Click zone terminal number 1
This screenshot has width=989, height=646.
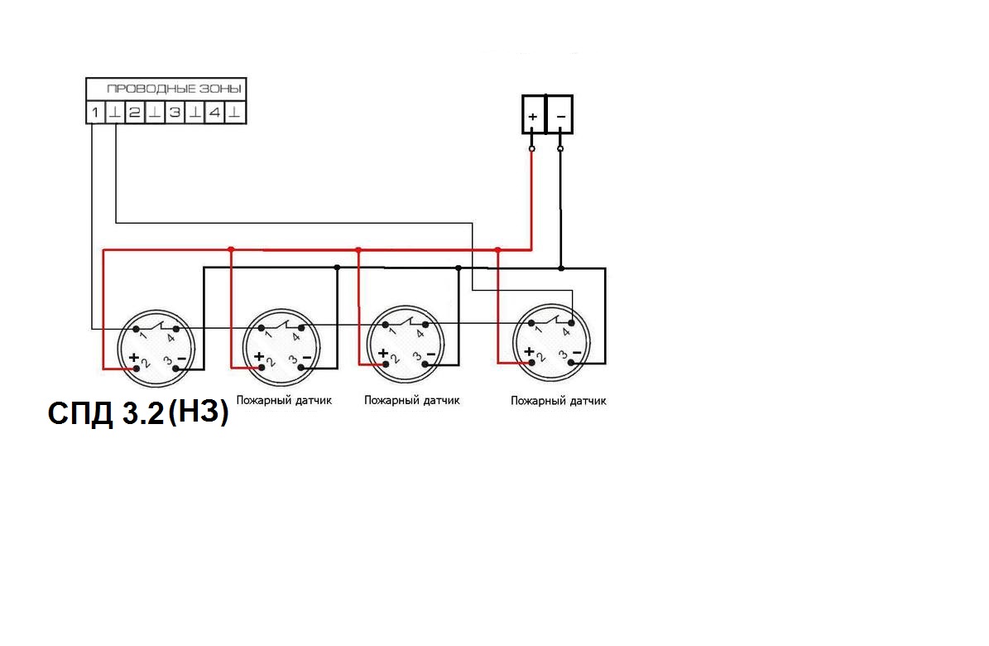95,113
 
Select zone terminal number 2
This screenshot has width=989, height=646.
134,113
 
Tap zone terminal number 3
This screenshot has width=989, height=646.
175,113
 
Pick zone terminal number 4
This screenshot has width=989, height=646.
214,113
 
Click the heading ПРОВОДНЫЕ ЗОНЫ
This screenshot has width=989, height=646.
174,89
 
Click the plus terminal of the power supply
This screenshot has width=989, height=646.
533,114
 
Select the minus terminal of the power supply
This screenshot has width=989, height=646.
560,114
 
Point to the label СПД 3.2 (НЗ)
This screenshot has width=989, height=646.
138,413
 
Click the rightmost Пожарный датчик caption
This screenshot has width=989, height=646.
558,400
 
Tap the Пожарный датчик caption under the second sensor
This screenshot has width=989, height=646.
284,400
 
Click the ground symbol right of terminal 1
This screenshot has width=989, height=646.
115,113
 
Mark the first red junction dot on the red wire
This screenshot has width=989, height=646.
231,249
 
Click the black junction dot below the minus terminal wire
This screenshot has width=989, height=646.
561,268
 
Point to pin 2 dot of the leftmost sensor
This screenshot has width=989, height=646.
137,369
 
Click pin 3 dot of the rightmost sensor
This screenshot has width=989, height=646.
571,363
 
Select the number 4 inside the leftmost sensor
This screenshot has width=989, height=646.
171,339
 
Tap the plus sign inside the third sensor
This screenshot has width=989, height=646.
383,352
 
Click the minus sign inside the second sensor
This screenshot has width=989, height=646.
307,358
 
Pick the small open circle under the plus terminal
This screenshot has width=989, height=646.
531,149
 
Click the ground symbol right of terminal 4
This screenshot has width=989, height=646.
234,113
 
